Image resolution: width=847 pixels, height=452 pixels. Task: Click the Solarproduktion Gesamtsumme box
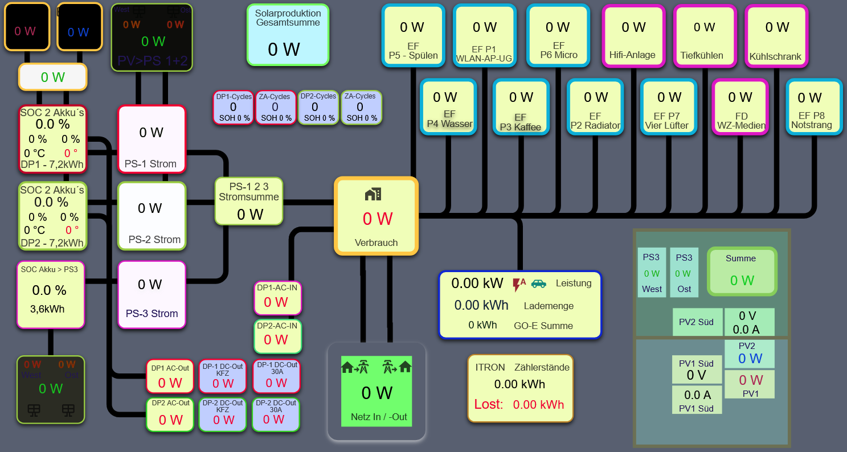click(288, 35)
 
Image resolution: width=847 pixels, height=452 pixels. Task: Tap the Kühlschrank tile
click(776, 36)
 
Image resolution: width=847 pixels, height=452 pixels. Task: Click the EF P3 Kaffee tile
click(521, 107)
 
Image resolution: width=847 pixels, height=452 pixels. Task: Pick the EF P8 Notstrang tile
click(813, 107)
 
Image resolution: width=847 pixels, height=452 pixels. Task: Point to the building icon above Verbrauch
click(373, 194)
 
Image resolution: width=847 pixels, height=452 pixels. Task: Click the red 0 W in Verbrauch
click(377, 219)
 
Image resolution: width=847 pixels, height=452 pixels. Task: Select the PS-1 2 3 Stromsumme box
click(249, 201)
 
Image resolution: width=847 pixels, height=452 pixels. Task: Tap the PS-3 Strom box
click(152, 295)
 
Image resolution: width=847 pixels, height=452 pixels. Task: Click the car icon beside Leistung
click(538, 283)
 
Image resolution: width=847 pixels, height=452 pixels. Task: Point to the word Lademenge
click(549, 306)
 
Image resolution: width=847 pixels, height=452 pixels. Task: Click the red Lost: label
click(489, 405)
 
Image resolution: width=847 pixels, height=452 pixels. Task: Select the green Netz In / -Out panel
click(376, 391)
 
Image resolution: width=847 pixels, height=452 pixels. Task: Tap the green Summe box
click(741, 272)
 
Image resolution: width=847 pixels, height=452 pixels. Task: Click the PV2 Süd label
click(696, 322)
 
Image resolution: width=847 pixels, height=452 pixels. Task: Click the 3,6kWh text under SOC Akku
click(47, 310)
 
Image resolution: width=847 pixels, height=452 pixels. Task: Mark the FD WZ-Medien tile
click(740, 107)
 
